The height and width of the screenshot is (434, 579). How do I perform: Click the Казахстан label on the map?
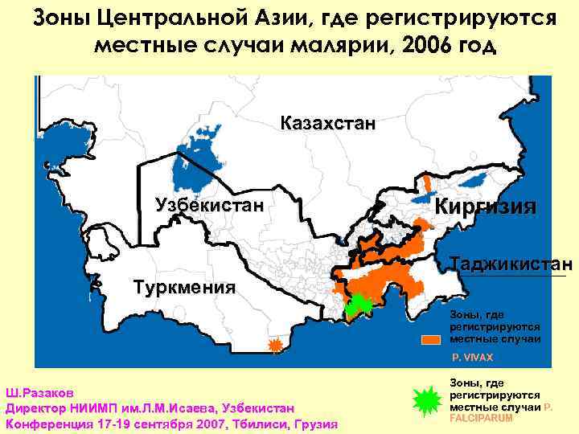point(327,124)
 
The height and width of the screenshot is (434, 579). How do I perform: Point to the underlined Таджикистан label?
point(511,264)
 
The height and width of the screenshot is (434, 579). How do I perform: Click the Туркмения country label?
point(184,288)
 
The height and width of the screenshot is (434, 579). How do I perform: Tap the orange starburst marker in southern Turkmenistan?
point(276,346)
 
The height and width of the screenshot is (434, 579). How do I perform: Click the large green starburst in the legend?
point(426,401)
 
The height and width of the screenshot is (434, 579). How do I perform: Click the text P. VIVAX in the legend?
point(472,355)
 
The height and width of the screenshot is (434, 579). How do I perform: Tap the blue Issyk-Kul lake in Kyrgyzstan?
point(476,178)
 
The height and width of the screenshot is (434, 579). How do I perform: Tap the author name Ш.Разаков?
point(39,394)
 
